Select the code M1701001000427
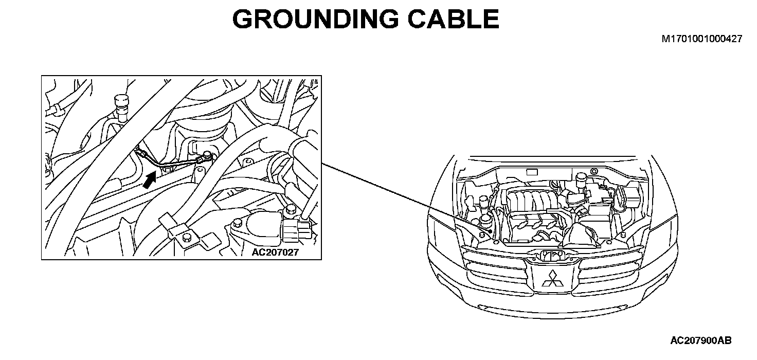point(702,39)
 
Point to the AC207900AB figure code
point(701,340)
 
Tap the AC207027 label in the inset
point(275,253)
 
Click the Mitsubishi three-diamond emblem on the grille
point(552,278)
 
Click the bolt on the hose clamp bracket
point(187,237)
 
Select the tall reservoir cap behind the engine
point(582,179)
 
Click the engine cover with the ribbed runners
point(530,201)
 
